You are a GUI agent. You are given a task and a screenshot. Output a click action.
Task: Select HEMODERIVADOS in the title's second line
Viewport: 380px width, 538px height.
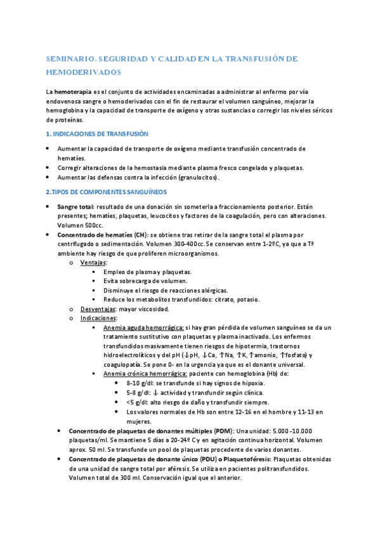coord(83,72)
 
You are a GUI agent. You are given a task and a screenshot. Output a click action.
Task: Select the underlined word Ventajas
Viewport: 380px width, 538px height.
coord(93,262)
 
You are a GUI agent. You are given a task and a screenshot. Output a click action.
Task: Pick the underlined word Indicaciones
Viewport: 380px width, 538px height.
coord(98,318)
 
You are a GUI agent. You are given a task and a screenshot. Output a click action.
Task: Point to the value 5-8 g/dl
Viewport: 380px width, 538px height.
coord(138,393)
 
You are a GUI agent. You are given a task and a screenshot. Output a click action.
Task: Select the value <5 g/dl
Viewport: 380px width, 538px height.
coord(136,402)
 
